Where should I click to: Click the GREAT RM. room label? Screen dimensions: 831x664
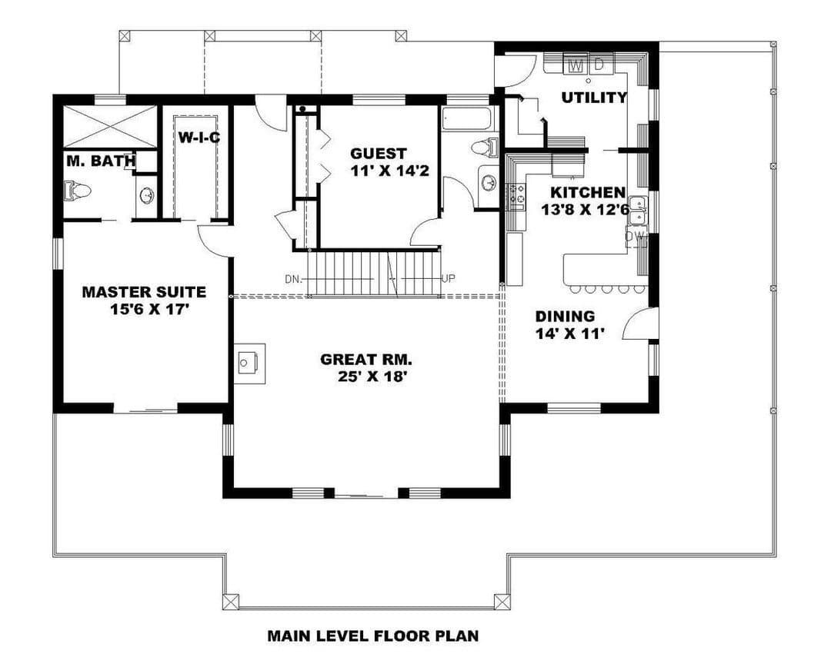point(366,360)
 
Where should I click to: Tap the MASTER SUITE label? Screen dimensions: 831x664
point(144,292)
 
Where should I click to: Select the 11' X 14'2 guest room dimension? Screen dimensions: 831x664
point(389,171)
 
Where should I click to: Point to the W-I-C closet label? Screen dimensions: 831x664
point(199,138)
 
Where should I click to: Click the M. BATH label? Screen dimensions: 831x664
point(101,161)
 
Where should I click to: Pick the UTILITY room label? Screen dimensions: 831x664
point(594,98)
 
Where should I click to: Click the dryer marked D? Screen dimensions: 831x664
point(599,65)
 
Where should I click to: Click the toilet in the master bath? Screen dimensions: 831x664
point(77,190)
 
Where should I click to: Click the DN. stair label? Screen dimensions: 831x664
point(293,279)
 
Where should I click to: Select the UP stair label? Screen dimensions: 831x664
point(448,278)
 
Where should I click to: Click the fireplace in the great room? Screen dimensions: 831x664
point(250,364)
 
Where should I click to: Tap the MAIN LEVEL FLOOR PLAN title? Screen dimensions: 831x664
point(373,636)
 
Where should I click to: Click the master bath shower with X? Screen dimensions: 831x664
point(110,127)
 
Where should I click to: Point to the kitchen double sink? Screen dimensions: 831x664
point(636,211)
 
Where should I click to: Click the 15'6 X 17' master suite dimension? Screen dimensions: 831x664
point(149,309)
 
